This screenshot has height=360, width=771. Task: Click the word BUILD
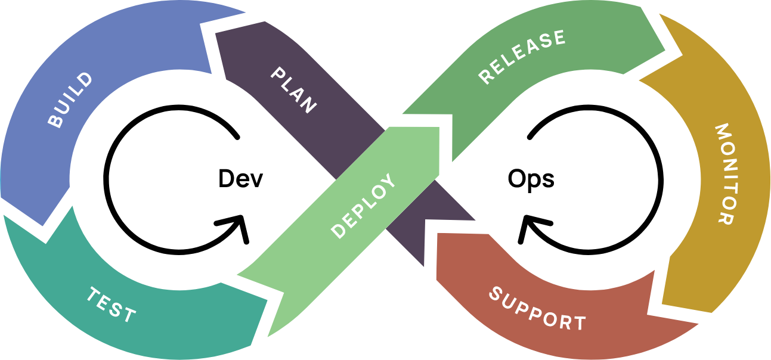click(x=70, y=100)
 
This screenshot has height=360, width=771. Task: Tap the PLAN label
click(x=293, y=90)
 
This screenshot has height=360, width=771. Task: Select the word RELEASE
click(x=522, y=57)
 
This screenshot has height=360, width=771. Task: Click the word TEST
click(x=112, y=304)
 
